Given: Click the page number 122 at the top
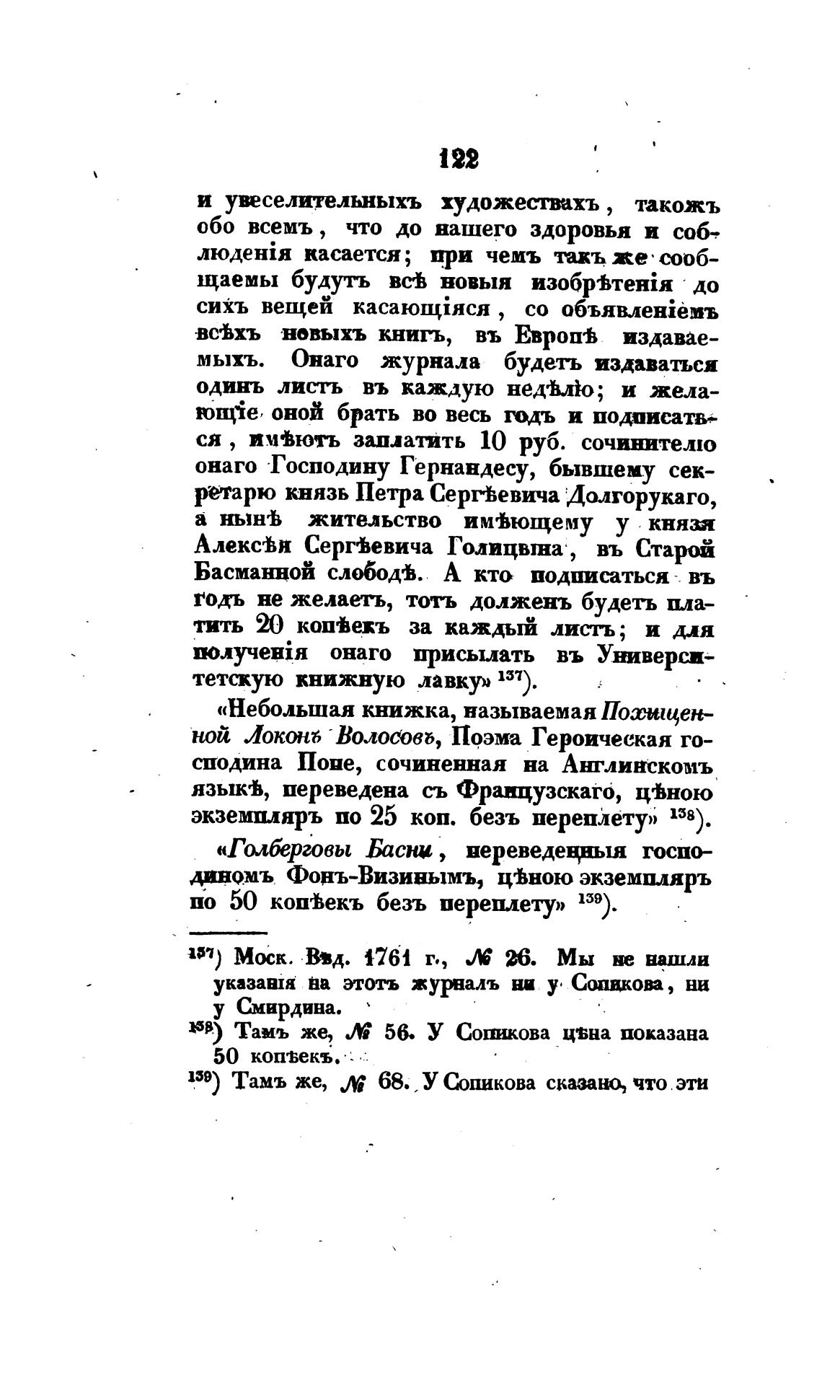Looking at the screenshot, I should click(458, 159).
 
